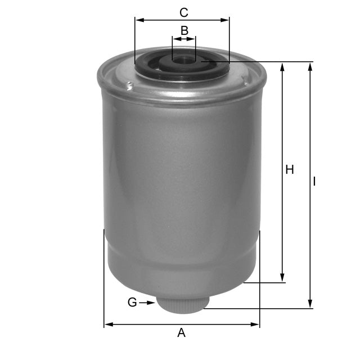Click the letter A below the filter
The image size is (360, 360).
181,333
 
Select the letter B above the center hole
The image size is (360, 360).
184,30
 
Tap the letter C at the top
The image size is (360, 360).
183,11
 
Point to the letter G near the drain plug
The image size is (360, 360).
132,303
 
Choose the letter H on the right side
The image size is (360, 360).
290,169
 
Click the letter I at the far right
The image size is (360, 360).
315,182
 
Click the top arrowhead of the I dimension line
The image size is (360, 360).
310,66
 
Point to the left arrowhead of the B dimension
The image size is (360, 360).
175,39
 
